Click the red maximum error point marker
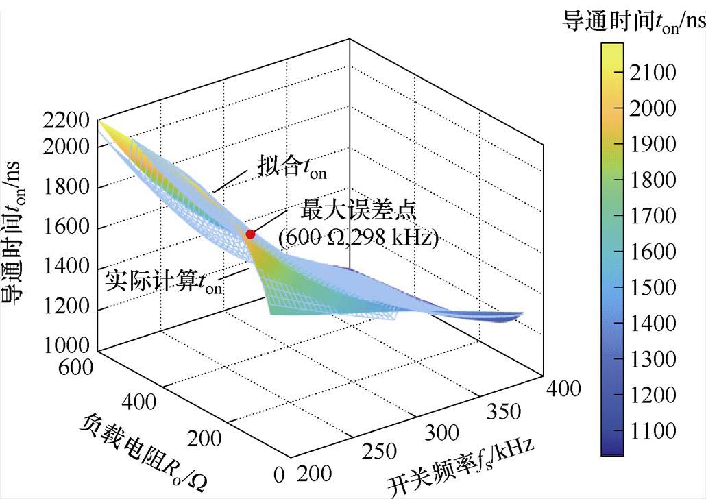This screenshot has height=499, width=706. pyautogui.click(x=250, y=234)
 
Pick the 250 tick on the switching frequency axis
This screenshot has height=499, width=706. pyautogui.click(x=377, y=452)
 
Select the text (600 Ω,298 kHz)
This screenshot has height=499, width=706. pyautogui.click(x=358, y=238)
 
